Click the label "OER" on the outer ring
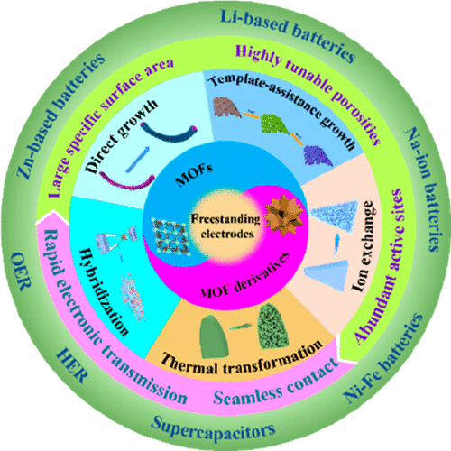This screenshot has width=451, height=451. (x=21, y=272)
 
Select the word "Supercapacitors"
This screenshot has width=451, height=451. (x=213, y=429)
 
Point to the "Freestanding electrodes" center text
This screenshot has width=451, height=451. (x=225, y=226)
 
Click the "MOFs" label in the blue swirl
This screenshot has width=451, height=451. (x=194, y=175)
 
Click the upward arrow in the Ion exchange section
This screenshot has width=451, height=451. (x=337, y=245)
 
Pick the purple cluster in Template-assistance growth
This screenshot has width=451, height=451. (x=318, y=156)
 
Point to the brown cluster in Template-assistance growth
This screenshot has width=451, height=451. (x=227, y=107)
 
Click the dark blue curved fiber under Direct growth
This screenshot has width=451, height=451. (x=170, y=134)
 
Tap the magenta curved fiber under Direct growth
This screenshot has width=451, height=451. (x=126, y=182)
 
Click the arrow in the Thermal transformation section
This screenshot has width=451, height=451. (x=240, y=327)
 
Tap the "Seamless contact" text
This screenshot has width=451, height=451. (x=276, y=382)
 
